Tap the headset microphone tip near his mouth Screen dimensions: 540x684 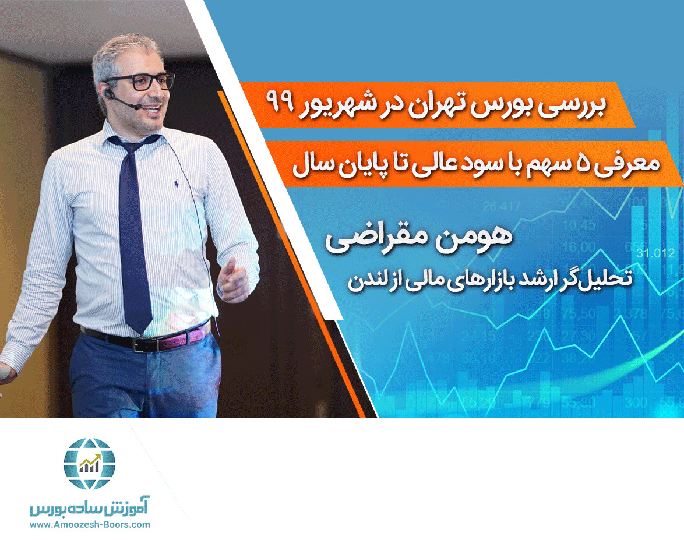coord(136,107)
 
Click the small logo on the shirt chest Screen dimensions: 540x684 coord(175,185)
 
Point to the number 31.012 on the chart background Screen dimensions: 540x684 coord(655,253)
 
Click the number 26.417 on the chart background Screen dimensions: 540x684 coord(502,206)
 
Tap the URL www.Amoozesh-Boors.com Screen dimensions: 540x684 coord(89,524)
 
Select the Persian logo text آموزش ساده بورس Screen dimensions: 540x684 coord(89,507)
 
